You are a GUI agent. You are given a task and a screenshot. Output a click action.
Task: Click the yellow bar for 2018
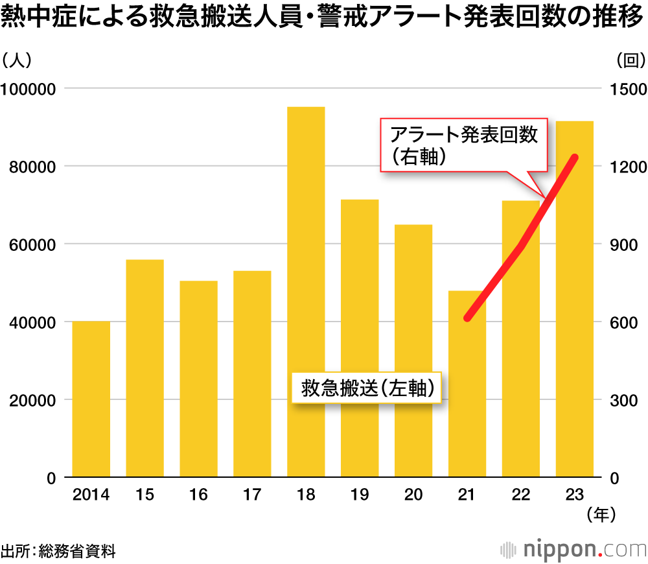(x=306, y=292)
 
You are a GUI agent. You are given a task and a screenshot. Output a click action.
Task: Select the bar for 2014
(x=91, y=399)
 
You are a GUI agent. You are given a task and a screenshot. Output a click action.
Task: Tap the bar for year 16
(x=198, y=379)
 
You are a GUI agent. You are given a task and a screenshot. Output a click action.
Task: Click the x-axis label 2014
(x=91, y=495)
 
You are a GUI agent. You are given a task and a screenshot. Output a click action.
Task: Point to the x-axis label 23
(x=574, y=495)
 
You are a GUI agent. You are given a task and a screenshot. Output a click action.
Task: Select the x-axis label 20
(x=413, y=495)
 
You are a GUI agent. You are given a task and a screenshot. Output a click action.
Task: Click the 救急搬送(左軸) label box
(x=367, y=388)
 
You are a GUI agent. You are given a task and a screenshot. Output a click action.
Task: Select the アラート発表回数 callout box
(x=464, y=145)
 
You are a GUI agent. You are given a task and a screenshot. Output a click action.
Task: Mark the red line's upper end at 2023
(x=575, y=158)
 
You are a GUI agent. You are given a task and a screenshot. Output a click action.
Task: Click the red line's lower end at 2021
(x=467, y=318)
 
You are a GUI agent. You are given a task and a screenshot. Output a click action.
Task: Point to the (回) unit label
(x=630, y=60)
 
